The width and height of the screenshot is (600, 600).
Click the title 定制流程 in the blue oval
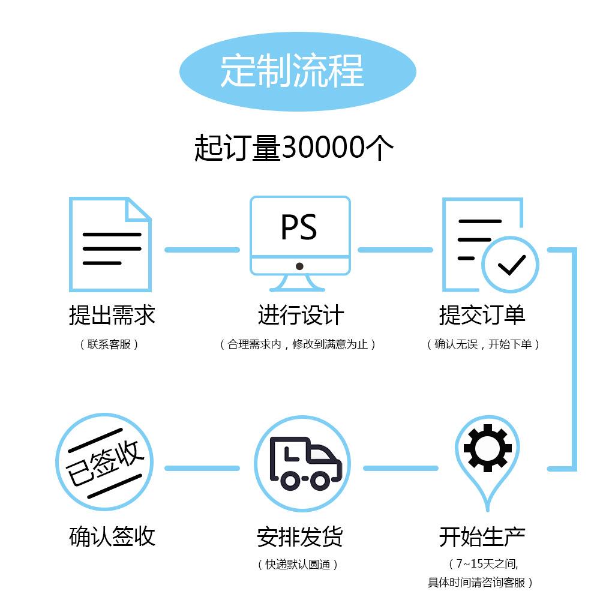tap(292, 71)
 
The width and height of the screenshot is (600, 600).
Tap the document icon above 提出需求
tap(110, 245)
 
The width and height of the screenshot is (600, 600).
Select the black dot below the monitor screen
tap(299, 266)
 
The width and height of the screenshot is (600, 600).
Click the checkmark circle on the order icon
tap(511, 264)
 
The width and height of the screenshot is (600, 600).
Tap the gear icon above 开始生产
tap(487, 448)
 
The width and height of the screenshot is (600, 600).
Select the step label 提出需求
tap(112, 314)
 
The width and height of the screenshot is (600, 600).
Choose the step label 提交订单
tap(482, 314)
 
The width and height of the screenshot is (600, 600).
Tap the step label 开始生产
tap(482, 536)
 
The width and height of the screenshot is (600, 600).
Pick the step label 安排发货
tap(299, 536)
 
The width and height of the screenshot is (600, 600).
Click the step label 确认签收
tap(112, 536)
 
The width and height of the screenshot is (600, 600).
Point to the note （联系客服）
tap(109, 344)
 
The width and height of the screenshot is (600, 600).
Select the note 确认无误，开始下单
tap(483, 344)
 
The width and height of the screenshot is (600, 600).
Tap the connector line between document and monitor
tap(202, 250)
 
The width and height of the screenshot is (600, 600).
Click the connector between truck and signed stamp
tap(202, 468)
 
